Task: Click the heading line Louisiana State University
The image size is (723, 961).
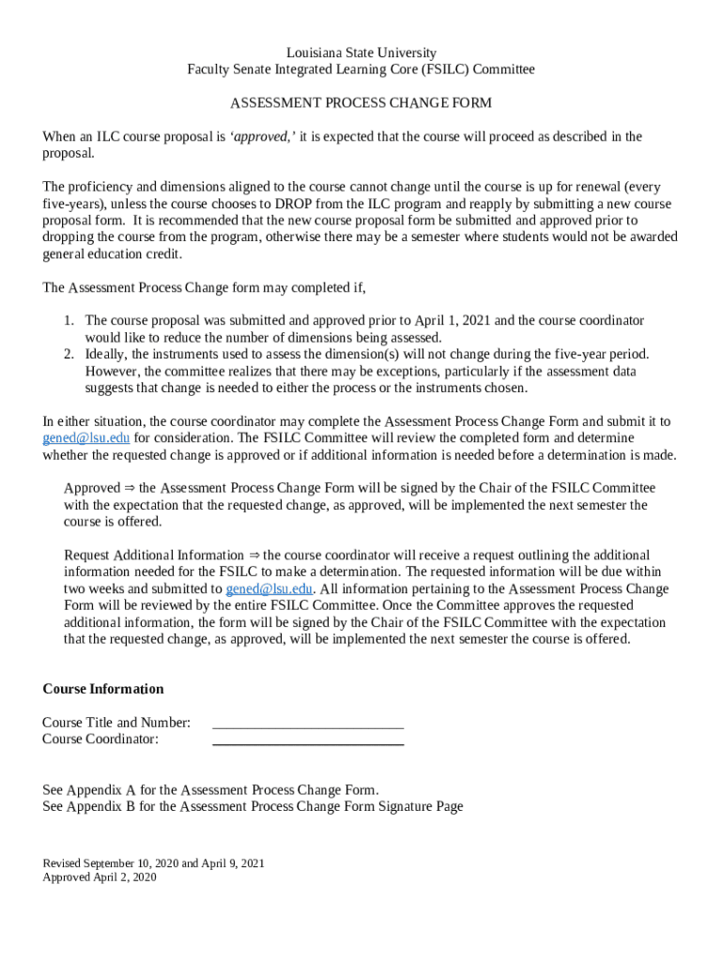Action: [x=361, y=53]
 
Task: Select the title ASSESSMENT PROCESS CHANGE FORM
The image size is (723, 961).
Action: [x=361, y=103]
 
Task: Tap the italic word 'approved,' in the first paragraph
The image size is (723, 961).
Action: [x=264, y=137]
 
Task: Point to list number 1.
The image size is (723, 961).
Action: [x=69, y=321]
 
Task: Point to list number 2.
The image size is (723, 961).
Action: [x=69, y=355]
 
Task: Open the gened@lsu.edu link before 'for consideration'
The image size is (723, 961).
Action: [x=86, y=438]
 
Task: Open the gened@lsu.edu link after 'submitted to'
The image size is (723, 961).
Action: [x=269, y=589]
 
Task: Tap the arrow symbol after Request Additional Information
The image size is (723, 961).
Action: [x=254, y=556]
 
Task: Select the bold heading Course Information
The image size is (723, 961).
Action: [x=103, y=689]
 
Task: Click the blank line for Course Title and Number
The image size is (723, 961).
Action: [x=308, y=725]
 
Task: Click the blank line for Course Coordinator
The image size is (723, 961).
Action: [x=308, y=741]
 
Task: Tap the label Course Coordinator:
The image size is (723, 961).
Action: [x=100, y=740]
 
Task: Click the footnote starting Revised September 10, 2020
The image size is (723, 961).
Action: [x=153, y=863]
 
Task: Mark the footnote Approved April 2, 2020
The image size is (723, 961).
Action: [x=100, y=878]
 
